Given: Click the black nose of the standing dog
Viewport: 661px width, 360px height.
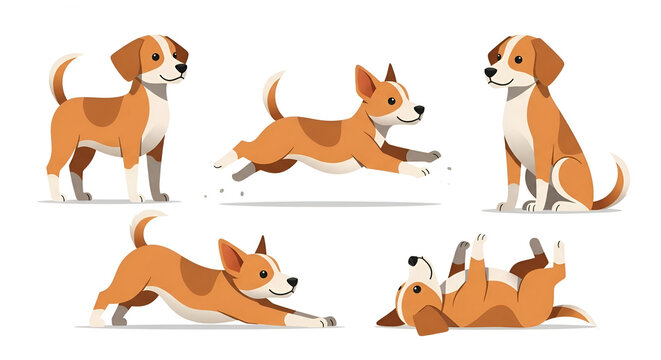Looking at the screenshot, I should (181, 69).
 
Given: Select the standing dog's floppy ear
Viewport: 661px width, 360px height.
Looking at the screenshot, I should (129, 60).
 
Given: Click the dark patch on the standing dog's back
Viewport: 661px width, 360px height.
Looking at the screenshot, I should (103, 110).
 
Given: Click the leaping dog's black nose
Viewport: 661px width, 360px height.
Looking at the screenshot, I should (418, 110).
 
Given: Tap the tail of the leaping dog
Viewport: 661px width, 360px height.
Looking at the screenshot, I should (271, 94).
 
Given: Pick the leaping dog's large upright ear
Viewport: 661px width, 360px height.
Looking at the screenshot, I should (366, 83).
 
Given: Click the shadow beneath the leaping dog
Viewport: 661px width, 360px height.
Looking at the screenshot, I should (330, 203).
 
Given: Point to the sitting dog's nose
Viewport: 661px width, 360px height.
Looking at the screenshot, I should (489, 72).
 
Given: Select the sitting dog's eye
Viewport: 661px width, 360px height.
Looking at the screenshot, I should (506, 59).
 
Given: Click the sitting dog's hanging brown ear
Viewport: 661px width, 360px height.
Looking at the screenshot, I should (547, 63).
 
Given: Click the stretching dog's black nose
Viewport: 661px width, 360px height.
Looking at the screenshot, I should (292, 283).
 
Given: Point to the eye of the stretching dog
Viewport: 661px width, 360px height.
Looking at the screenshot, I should (266, 274).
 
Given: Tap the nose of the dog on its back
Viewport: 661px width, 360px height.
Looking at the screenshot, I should (413, 261).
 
